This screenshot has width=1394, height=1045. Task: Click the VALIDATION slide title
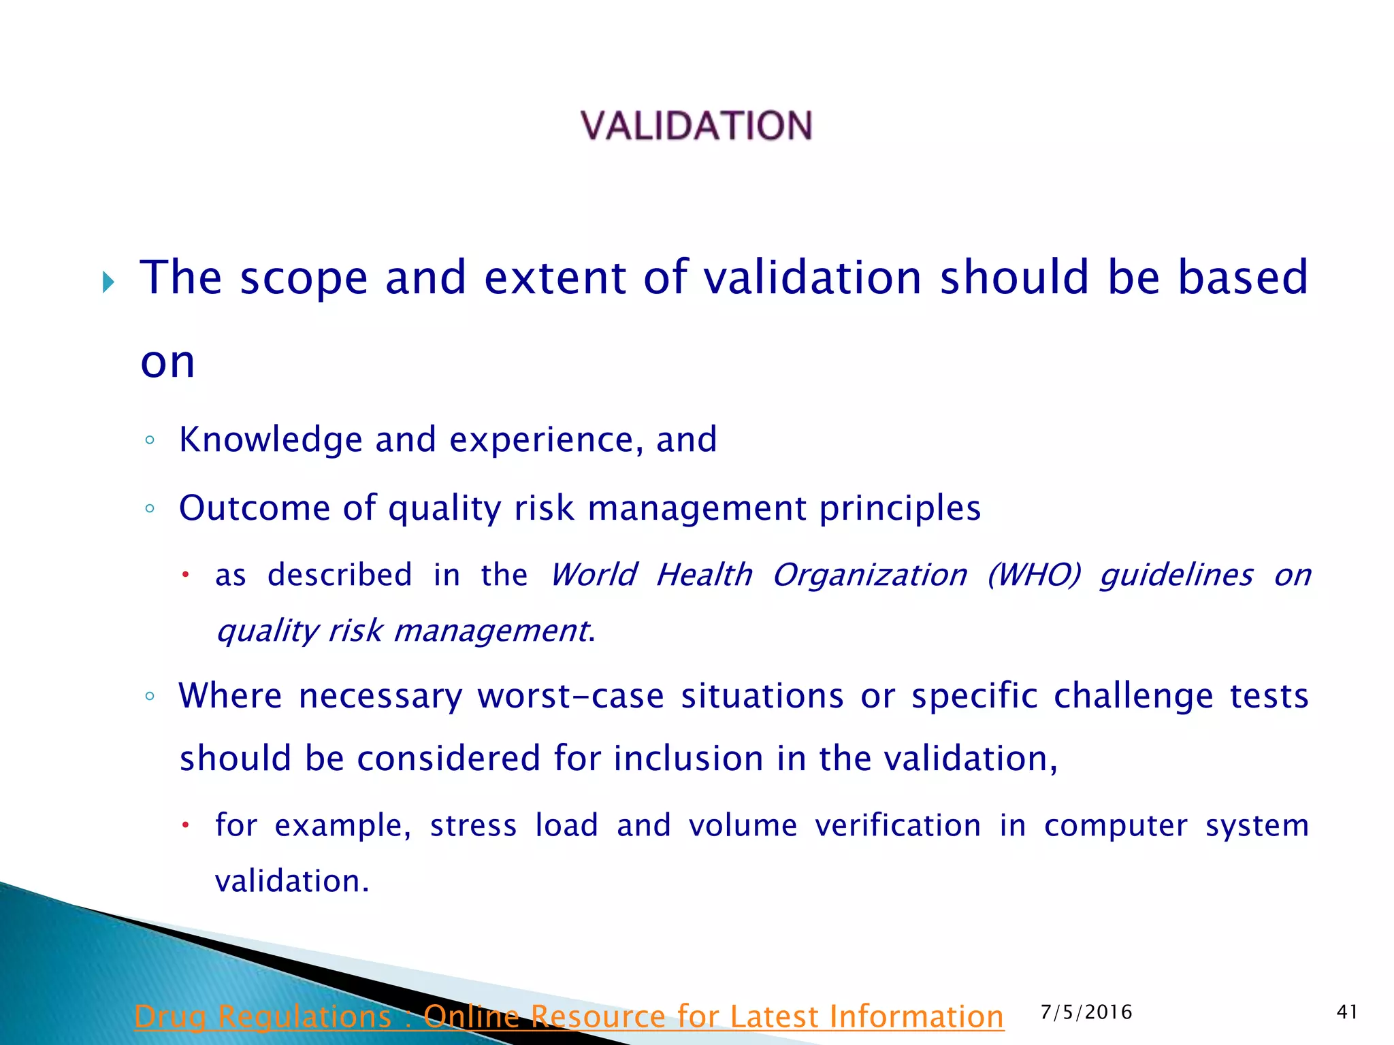tap(696, 126)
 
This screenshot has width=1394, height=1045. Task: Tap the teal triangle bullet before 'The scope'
tap(108, 282)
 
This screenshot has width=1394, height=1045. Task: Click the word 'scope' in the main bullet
tap(303, 279)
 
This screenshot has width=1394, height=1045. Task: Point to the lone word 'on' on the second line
tap(167, 362)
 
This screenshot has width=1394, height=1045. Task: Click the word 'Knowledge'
tap(270, 439)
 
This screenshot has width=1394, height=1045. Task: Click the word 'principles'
tap(899, 509)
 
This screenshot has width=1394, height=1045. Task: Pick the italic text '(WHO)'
tap(1033, 575)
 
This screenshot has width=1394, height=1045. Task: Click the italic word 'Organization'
tap(869, 576)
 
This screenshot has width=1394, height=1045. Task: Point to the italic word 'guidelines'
tap(1176, 576)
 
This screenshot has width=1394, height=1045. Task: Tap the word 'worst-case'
tap(570, 697)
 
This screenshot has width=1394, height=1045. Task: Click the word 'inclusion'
tap(688, 759)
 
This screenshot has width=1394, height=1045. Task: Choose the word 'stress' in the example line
tap(473, 826)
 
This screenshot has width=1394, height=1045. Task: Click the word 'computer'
tap(1116, 826)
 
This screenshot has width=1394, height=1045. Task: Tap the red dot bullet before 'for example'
tap(184, 825)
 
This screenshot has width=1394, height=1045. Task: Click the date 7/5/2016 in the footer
tap(1086, 1012)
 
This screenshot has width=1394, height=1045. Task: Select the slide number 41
tap(1347, 1012)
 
